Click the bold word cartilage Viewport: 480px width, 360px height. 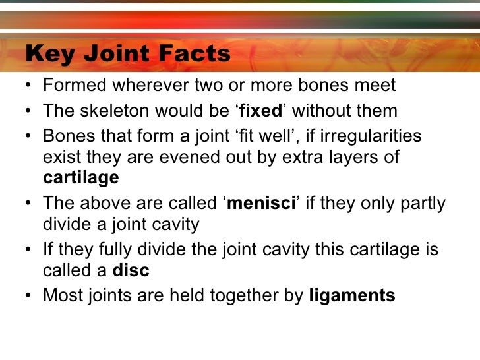80,178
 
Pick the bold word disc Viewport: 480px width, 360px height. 131,271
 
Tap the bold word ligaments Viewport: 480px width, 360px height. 352,296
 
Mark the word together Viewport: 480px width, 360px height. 245,296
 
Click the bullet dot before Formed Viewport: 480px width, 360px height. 30,86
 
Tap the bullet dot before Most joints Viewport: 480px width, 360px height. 30,296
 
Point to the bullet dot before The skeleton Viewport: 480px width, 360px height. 30,111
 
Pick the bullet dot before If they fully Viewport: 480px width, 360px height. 30,249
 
